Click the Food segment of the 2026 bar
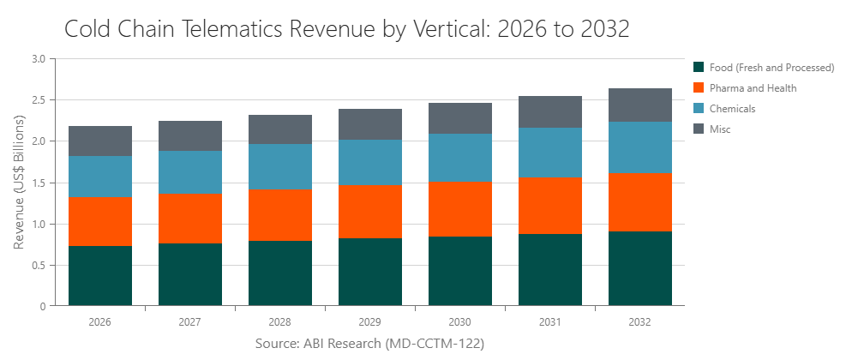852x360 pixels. (x=100, y=275)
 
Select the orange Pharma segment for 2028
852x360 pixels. (x=280, y=215)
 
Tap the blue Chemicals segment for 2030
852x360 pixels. (x=460, y=157)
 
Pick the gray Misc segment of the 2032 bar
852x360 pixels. (x=640, y=105)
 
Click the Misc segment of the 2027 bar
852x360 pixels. (x=190, y=135)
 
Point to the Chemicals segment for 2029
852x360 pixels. (x=370, y=162)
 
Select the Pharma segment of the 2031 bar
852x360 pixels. (x=550, y=206)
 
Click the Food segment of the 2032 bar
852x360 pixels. (x=640, y=268)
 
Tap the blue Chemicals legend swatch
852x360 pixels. (x=699, y=108)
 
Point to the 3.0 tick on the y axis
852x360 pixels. (x=38, y=59)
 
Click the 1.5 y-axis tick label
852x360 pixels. (x=38, y=183)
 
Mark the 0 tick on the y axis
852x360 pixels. (x=42, y=306)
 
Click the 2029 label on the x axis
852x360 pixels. (x=370, y=322)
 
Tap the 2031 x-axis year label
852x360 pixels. (x=550, y=322)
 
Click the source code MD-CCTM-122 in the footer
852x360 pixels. (x=433, y=344)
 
